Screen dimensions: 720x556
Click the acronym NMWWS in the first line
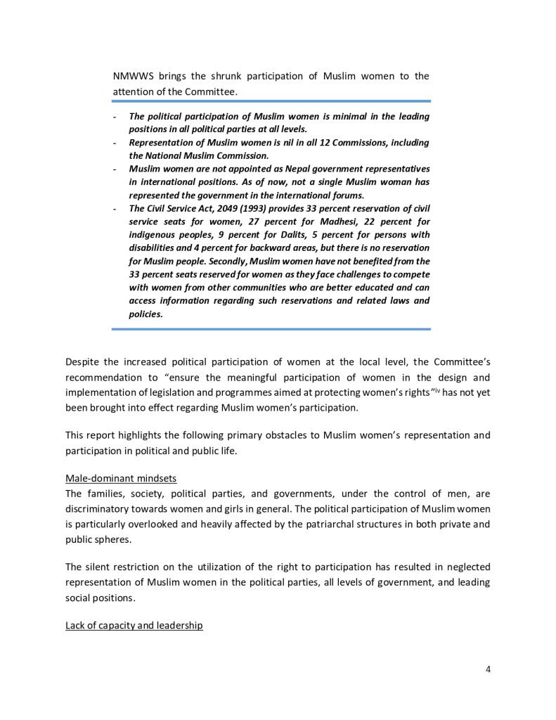134,76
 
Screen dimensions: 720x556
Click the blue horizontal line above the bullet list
271,101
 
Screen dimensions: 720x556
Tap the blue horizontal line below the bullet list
271,328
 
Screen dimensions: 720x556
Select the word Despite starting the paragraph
83,362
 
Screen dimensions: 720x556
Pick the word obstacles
278,436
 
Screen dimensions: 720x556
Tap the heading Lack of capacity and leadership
134,624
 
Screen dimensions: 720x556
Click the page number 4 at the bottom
487,669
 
